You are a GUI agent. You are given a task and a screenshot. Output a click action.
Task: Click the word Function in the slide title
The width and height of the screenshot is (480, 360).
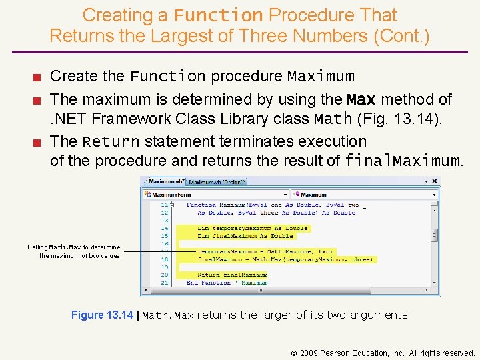[x=219, y=15]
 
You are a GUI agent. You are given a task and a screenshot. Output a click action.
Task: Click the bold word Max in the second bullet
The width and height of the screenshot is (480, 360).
[x=361, y=100]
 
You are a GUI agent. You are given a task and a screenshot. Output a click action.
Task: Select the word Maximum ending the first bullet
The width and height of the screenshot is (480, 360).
[x=321, y=77]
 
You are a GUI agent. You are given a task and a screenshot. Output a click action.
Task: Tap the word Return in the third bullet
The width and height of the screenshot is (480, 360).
[x=111, y=142]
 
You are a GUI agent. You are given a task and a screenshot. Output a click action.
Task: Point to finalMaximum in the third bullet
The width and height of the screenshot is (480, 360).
[x=402, y=161]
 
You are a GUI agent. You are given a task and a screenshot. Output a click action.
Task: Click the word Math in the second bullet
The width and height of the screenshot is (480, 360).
[x=333, y=120]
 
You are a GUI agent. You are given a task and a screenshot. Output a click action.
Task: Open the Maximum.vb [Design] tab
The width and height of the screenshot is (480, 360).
[x=217, y=181]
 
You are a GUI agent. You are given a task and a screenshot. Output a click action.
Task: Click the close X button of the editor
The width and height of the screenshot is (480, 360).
[x=435, y=181]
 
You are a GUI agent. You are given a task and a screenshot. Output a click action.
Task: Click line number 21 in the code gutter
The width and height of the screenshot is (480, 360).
[x=164, y=283]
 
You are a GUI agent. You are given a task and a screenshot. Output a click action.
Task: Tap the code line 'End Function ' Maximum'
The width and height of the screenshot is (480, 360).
[x=227, y=283]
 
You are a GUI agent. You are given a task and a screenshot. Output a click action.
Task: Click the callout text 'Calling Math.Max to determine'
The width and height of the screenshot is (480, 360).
[x=73, y=247]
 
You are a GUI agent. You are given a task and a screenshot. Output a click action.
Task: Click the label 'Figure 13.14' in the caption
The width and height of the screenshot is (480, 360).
[x=101, y=315]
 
